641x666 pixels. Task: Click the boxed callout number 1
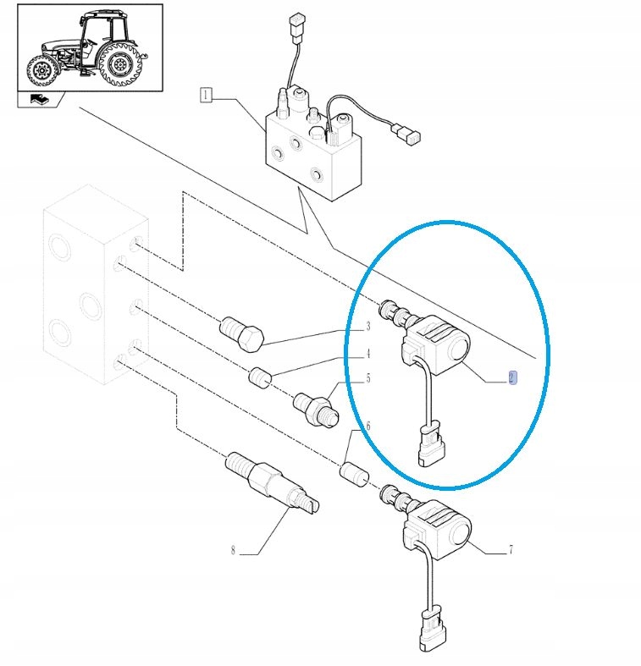click(x=206, y=95)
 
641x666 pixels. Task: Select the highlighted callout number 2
click(x=512, y=377)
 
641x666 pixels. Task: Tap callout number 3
click(x=368, y=326)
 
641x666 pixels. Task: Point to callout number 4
click(x=368, y=353)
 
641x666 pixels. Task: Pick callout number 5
click(x=368, y=378)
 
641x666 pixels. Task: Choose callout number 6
click(x=368, y=425)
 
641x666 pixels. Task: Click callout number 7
click(x=511, y=549)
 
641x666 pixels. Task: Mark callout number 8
click(x=233, y=550)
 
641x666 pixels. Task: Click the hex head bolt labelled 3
click(x=242, y=334)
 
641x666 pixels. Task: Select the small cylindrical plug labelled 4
click(x=260, y=377)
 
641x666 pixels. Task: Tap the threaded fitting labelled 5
click(x=316, y=409)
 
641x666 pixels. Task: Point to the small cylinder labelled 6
click(x=354, y=475)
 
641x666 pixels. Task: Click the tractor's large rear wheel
click(x=120, y=64)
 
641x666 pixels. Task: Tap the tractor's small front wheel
click(x=42, y=70)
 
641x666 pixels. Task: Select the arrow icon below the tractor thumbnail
click(x=40, y=99)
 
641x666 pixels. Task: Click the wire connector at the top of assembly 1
click(x=296, y=29)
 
